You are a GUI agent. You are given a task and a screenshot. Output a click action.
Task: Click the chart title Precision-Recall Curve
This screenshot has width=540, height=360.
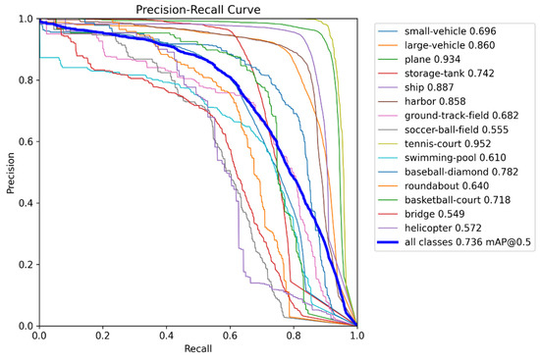click(x=197, y=10)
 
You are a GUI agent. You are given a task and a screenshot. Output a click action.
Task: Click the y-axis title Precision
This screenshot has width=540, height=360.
click(x=10, y=173)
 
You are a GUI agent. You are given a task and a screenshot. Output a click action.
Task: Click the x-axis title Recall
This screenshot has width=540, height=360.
click(x=197, y=350)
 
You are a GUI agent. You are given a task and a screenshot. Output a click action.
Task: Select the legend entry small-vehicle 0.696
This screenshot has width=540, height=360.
click(x=455, y=30)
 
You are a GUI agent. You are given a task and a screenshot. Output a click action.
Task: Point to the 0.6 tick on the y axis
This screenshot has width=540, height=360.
click(x=26, y=142)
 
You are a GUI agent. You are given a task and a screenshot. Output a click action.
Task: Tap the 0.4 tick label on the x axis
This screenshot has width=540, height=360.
click(x=166, y=336)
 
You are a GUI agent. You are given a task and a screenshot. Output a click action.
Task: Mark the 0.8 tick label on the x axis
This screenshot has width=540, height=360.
click(x=294, y=336)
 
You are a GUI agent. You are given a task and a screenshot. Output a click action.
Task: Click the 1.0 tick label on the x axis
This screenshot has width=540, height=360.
click(x=356, y=336)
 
